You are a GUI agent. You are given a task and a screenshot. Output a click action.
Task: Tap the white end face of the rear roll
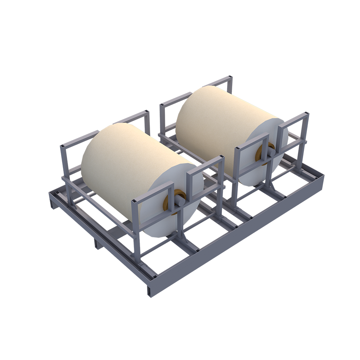(252, 173)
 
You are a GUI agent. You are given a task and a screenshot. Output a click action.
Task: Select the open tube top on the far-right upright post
(306, 114)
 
